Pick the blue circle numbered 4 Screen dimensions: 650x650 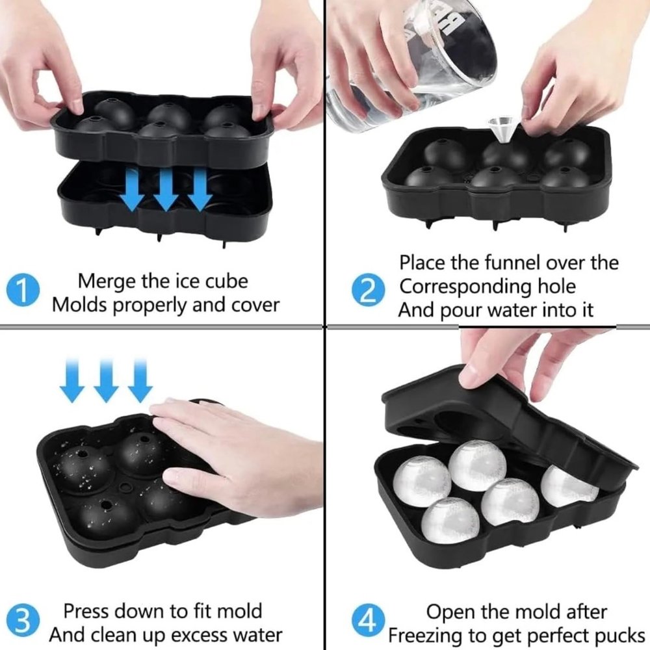click(368, 620)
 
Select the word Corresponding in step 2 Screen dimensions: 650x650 click(465, 287)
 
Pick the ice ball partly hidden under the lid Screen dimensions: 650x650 click(568, 486)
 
